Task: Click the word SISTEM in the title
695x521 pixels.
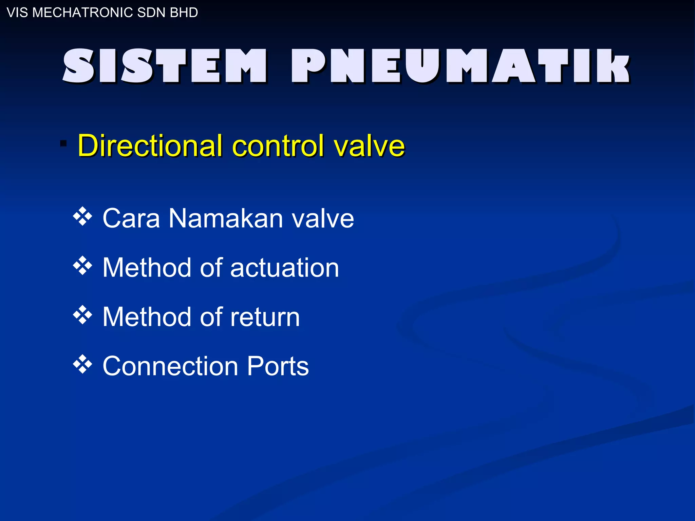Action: pyautogui.click(x=165, y=66)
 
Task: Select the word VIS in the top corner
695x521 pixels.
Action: pyautogui.click(x=17, y=13)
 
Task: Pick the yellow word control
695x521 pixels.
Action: pyautogui.click(x=278, y=146)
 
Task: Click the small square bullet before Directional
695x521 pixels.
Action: pyautogui.click(x=63, y=143)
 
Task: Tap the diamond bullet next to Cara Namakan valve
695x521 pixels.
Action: pyautogui.click(x=82, y=217)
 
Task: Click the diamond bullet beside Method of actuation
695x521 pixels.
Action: pyautogui.click(x=82, y=266)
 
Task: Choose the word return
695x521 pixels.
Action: pyautogui.click(x=265, y=317)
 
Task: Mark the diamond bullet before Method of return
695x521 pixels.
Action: pyautogui.click(x=82, y=315)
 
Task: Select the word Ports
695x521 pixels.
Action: pyautogui.click(x=278, y=366)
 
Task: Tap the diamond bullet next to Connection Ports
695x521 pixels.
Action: pyautogui.click(x=82, y=365)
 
